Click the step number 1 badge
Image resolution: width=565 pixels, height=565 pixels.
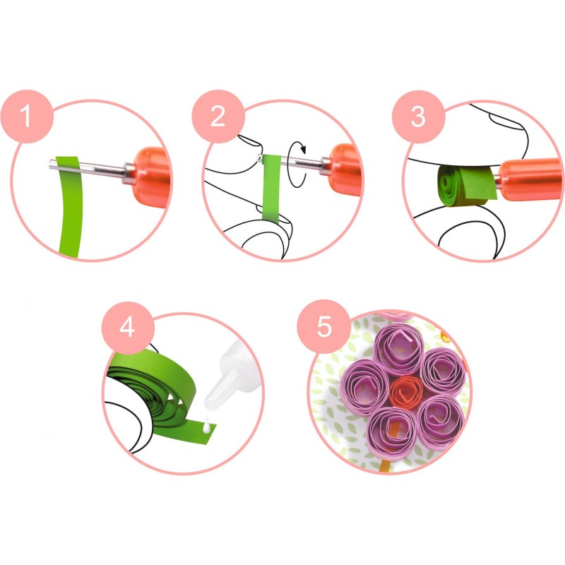[27, 117]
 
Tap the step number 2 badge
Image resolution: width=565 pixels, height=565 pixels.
[218, 117]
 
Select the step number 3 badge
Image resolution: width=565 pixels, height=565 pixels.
[418, 117]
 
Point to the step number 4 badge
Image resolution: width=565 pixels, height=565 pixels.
[128, 328]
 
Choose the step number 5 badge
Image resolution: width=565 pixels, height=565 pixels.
[323, 326]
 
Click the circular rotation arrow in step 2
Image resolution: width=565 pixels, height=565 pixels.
[297, 165]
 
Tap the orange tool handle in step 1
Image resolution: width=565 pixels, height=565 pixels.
[151, 177]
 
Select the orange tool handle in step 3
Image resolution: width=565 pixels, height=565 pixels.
[530, 179]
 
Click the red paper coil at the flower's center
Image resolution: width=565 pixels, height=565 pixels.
[406, 392]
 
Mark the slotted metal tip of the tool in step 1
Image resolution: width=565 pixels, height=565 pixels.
[86, 167]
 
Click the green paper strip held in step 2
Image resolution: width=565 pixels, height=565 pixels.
[271, 187]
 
